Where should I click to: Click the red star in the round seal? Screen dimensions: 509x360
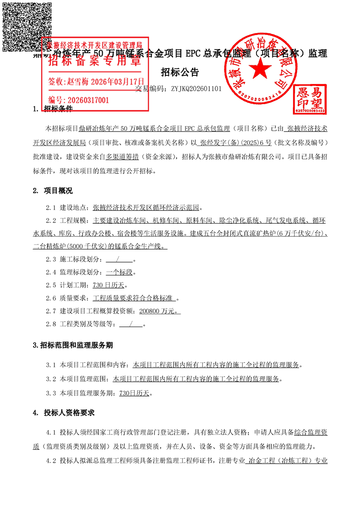[x=260, y=69]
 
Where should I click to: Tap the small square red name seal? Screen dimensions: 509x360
[x=310, y=98]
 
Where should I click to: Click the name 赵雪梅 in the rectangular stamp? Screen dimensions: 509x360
[x=78, y=82]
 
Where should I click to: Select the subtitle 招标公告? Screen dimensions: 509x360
[x=180, y=73]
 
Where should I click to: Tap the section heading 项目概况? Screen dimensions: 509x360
[x=58, y=190]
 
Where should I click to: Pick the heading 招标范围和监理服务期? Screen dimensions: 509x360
[x=76, y=345]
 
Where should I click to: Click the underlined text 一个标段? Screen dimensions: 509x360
[x=119, y=273]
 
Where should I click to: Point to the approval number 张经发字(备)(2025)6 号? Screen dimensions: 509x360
[x=236, y=142]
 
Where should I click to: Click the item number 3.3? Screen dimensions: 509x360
[x=51, y=393]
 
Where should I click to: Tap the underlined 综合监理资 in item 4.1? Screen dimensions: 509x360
[x=311, y=432]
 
